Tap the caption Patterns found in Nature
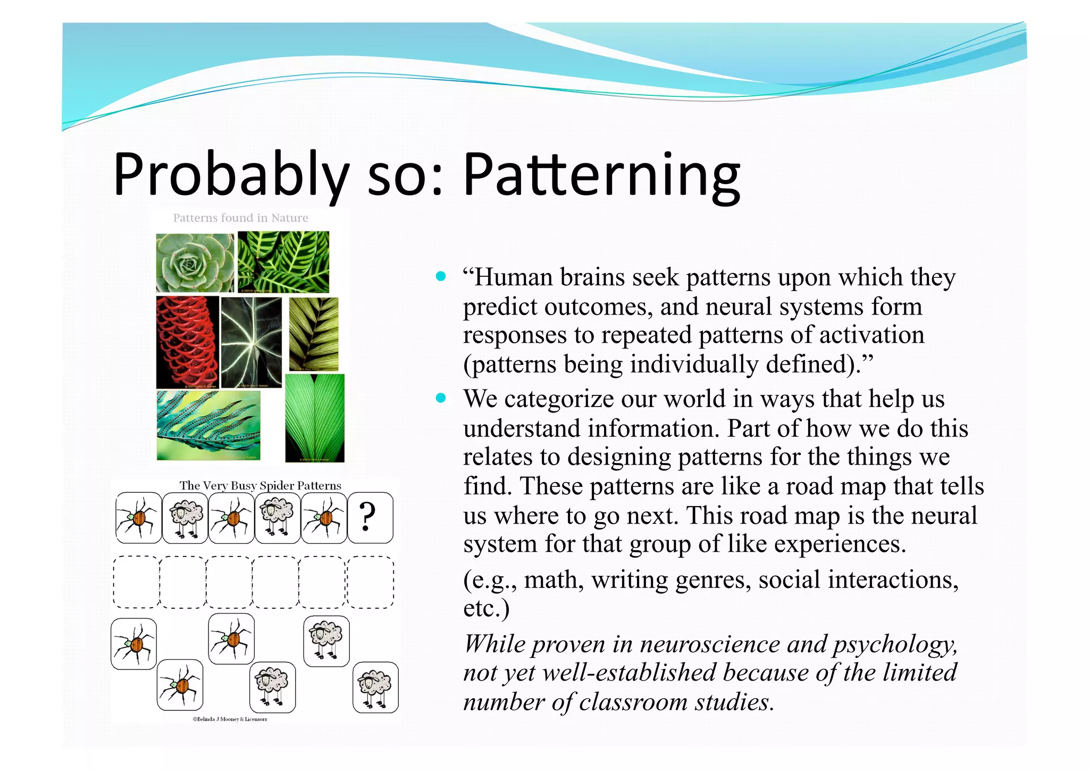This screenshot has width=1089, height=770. pos(240,218)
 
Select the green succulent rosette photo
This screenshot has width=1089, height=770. pos(195,262)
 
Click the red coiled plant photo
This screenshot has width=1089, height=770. pos(187,342)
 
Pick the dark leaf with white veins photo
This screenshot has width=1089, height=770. pos(252,342)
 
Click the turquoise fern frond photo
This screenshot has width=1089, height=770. pos(208,426)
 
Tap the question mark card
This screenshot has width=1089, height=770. pos(370,517)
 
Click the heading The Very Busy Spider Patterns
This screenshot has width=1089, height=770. pos(260,485)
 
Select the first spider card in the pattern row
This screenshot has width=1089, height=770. pos(138,517)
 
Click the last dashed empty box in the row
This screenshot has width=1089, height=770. pos(371,582)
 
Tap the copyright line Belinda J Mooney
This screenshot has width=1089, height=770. pos(230,719)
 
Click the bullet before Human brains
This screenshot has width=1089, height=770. pos(440,276)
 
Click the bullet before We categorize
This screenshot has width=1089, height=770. pos(440,398)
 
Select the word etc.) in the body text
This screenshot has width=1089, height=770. pos(486,608)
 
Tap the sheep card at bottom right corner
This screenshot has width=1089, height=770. pos(375,687)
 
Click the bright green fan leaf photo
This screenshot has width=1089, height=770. pos(315,418)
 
